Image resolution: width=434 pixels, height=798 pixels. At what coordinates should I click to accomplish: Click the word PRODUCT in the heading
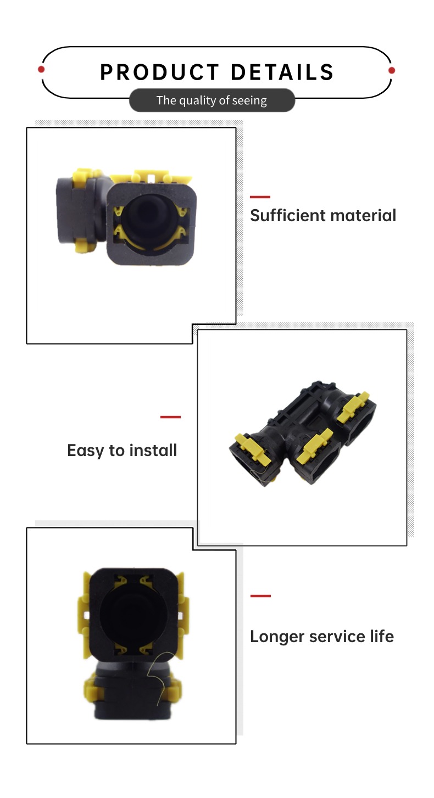159,72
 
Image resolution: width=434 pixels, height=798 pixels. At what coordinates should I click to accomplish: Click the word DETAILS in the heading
282,72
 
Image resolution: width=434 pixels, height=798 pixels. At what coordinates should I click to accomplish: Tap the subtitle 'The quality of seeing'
212,100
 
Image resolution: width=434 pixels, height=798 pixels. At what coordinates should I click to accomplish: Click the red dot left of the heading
41,69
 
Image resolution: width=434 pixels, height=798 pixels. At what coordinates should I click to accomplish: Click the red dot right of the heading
392,70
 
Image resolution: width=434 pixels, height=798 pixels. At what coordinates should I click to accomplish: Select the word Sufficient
283,215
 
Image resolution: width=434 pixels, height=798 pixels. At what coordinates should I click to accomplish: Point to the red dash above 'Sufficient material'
260,196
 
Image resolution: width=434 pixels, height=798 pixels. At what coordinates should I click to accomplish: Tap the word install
153,450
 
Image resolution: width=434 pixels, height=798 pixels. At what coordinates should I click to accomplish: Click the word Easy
86,451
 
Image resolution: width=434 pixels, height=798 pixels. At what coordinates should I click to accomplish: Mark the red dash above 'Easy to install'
170,417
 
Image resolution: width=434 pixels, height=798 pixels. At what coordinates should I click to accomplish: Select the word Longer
277,637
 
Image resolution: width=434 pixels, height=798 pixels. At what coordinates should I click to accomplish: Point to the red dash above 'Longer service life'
260,595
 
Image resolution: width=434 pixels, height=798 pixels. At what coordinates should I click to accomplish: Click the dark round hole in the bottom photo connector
133,615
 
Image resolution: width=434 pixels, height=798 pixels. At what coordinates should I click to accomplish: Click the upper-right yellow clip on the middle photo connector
353,407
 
